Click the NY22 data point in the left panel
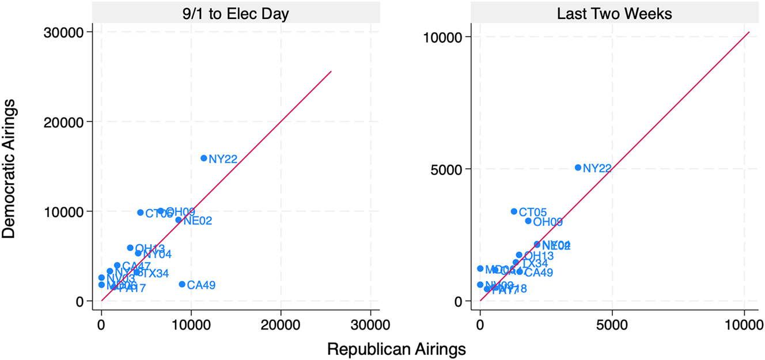point(203,158)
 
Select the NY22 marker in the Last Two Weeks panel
point(578,168)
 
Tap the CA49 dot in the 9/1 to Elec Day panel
point(182,284)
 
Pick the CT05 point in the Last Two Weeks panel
point(514,211)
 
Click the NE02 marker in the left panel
point(179,219)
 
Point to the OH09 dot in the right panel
point(528,221)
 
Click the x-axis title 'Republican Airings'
point(396,348)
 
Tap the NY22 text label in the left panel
point(223,159)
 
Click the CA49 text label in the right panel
point(539,272)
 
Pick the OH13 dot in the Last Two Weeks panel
point(518,255)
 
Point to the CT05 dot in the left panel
point(140,213)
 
